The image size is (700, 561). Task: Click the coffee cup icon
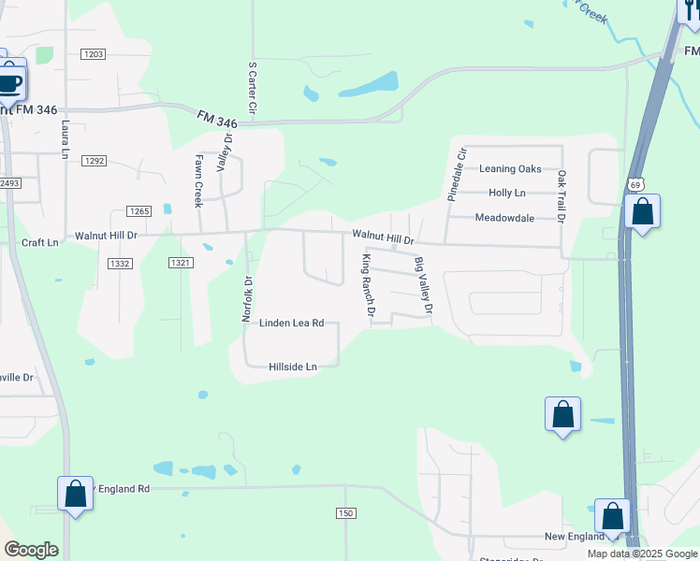point(9,83)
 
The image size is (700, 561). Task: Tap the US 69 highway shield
point(635,185)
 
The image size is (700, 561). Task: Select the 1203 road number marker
point(92,54)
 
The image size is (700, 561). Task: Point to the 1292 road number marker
point(93,161)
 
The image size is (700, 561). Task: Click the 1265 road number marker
point(139,211)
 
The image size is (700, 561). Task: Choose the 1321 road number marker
point(182,264)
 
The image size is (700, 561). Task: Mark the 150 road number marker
point(345,513)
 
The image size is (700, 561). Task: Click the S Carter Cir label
point(252,91)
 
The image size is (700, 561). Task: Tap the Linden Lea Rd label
point(292,323)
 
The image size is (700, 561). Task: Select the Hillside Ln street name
point(293,367)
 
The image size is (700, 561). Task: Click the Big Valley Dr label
point(424,284)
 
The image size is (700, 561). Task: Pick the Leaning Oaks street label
point(510,169)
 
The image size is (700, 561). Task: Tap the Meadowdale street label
point(504,218)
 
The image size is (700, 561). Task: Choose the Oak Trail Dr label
point(561,195)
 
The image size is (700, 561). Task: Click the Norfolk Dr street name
point(248,299)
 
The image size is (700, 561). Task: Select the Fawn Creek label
point(198,180)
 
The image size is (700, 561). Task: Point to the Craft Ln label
point(39,242)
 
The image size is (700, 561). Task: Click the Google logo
point(31,550)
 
